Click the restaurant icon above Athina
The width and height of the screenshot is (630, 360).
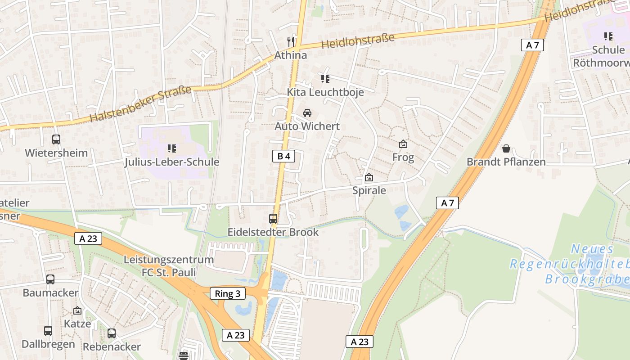[x=291, y=42]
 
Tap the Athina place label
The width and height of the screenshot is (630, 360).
[x=291, y=55]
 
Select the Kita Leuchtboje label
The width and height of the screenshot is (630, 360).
[x=325, y=92]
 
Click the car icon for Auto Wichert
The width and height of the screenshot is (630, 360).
[x=307, y=113]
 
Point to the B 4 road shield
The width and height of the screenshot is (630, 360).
[x=283, y=156]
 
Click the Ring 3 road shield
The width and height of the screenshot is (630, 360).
[x=228, y=294]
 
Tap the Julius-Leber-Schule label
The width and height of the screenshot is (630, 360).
[x=172, y=162]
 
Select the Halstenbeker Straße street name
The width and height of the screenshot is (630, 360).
[x=140, y=104]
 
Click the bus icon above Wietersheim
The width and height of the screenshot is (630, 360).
[x=56, y=139]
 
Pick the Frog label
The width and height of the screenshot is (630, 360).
[x=403, y=157]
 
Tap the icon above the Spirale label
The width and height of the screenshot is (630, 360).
[x=369, y=177]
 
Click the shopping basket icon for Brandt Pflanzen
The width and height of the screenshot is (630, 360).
[x=506, y=148]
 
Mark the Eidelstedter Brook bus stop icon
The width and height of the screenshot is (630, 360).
[x=273, y=219]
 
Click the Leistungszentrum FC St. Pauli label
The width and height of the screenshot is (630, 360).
[x=169, y=266]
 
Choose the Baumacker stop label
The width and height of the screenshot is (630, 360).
[x=50, y=292]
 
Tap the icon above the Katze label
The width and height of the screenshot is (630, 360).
[x=77, y=310]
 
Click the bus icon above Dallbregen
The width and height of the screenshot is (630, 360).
[x=48, y=331]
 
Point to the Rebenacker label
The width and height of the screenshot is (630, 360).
[x=112, y=346]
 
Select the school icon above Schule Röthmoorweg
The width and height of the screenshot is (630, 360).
[x=608, y=36]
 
